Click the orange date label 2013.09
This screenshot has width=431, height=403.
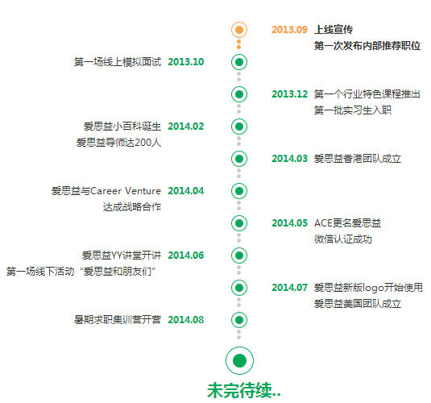coord(289,30)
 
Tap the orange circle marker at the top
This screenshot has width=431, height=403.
coord(239,30)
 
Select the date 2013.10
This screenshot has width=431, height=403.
coord(186,62)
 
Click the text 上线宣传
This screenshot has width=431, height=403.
coord(334,30)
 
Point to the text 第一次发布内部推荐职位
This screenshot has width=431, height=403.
coord(367,46)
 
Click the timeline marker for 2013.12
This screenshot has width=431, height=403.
coord(239,94)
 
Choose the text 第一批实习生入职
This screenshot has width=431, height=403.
coord(353,110)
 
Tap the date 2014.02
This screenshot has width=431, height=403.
coord(186,127)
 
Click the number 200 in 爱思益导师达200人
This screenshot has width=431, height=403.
coord(143,143)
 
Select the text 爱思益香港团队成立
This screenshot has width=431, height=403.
coord(358,159)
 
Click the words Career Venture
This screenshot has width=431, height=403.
coord(126,191)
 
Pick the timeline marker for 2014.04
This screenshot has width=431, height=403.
coord(239,191)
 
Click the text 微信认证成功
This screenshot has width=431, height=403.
coord(343,239)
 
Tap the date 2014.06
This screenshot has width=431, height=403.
coord(186,256)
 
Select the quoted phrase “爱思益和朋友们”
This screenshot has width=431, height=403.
coord(118,272)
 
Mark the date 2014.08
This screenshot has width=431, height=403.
coord(186,320)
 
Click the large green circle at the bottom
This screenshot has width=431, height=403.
coord(239,360)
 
